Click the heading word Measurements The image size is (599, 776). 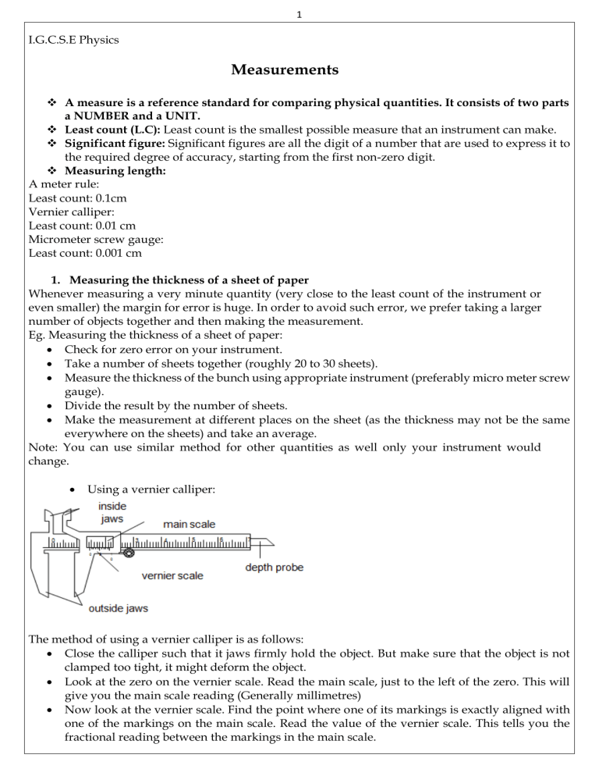(x=285, y=70)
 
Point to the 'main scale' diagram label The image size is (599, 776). (x=190, y=524)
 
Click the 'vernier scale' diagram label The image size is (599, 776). (x=172, y=575)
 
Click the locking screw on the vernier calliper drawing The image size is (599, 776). (x=129, y=554)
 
